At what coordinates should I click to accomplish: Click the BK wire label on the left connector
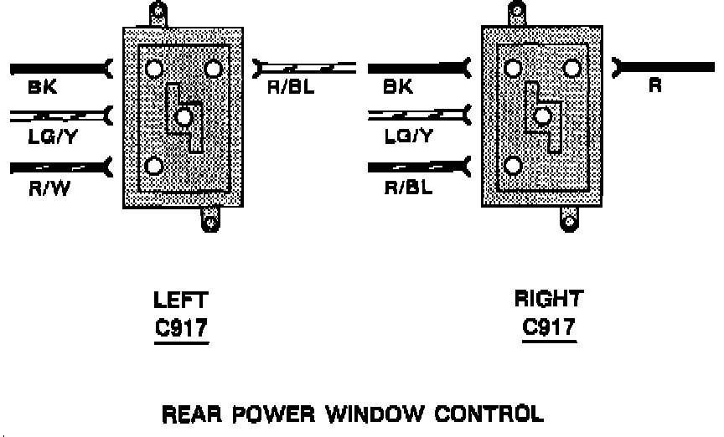click(42, 87)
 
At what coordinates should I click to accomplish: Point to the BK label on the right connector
click(397, 86)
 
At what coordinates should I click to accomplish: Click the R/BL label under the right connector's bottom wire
click(408, 188)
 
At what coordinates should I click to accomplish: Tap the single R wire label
click(654, 86)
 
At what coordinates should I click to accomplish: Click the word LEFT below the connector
click(180, 301)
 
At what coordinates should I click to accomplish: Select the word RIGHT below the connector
click(548, 299)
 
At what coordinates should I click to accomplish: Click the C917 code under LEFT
click(181, 328)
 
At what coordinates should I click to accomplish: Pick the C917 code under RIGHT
click(549, 326)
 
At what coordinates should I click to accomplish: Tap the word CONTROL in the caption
click(487, 413)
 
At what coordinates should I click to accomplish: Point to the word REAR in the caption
click(191, 413)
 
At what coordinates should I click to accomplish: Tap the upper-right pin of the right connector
click(573, 68)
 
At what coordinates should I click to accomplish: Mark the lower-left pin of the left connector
click(153, 165)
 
